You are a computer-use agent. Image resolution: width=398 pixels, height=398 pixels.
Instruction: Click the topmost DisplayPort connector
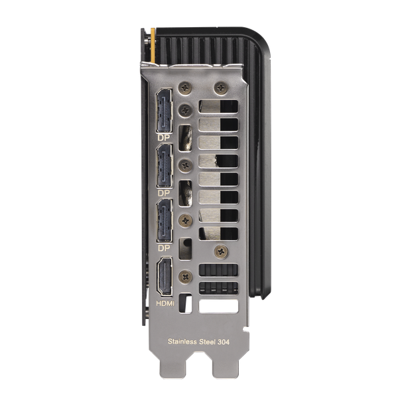165,111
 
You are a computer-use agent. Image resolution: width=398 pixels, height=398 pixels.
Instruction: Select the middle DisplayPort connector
165,166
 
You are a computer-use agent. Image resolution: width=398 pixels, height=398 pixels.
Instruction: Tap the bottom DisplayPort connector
165,221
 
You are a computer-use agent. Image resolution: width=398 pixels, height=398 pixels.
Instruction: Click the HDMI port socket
165,277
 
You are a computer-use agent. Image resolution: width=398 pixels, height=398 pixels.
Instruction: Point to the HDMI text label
165,303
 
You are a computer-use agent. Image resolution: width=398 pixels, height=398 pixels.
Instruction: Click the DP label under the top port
164,137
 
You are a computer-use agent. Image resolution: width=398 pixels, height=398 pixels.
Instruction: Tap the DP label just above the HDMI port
164,248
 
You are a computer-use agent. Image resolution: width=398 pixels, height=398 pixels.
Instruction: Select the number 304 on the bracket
224,342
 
